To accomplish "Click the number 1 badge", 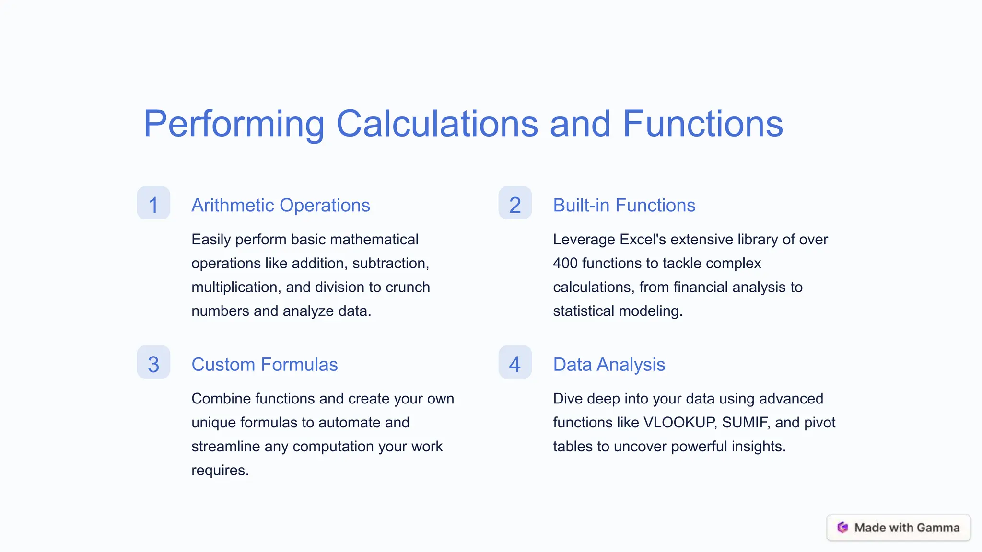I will pyautogui.click(x=153, y=203).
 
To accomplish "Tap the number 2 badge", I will pyautogui.click(x=515, y=203).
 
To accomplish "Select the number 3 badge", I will pyautogui.click(x=153, y=363).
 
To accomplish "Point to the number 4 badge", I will pyautogui.click(x=515, y=363).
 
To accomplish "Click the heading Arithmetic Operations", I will pyautogui.click(x=281, y=206).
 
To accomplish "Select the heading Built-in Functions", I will pyautogui.click(x=624, y=206).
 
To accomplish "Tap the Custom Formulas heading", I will pyautogui.click(x=264, y=365).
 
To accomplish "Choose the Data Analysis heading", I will pyautogui.click(x=609, y=365).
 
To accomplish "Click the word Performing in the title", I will pyautogui.click(x=234, y=124).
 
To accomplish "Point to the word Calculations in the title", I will pyautogui.click(x=437, y=124).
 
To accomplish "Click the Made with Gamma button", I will pyautogui.click(x=899, y=528).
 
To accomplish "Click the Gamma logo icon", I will pyautogui.click(x=842, y=528).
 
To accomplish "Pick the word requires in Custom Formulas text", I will pyautogui.click(x=220, y=471).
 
